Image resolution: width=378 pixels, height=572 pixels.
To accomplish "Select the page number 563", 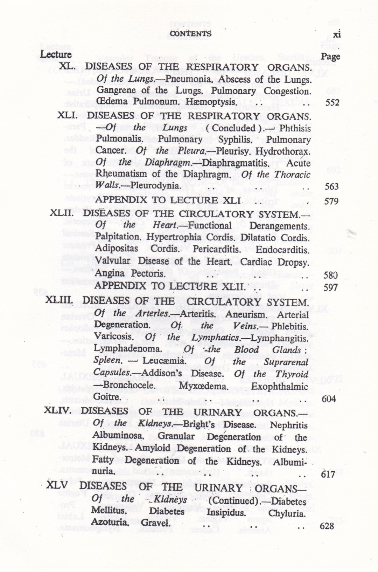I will click(x=331, y=186).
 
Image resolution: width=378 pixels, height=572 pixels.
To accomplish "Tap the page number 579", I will click(x=331, y=201).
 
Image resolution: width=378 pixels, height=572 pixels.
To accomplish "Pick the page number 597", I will click(x=331, y=287).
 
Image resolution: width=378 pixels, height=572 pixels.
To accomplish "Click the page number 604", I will click(x=328, y=399).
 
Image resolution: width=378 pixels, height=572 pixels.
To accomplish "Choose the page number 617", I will click(x=328, y=474).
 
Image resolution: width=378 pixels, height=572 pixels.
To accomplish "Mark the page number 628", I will click(x=327, y=526).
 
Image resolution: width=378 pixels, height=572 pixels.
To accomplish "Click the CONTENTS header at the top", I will click(x=190, y=33).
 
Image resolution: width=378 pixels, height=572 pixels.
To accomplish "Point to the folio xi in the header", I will click(x=337, y=34).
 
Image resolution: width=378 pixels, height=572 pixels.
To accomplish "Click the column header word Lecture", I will click(x=56, y=55).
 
